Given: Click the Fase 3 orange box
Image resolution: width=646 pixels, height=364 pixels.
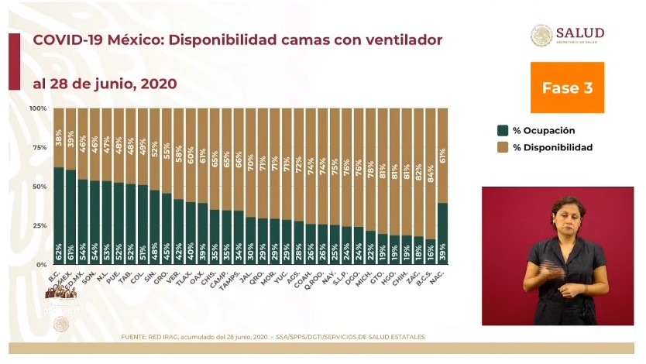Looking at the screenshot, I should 567,88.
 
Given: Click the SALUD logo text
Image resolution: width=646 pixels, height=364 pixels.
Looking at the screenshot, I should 579,33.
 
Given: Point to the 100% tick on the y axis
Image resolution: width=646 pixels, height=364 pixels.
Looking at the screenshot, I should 39,108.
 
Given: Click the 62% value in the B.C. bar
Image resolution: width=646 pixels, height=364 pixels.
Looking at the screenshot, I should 59,252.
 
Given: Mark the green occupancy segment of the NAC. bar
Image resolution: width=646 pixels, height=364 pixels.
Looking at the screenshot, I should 443,233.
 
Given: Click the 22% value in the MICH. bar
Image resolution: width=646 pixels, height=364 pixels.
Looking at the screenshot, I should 371,252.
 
